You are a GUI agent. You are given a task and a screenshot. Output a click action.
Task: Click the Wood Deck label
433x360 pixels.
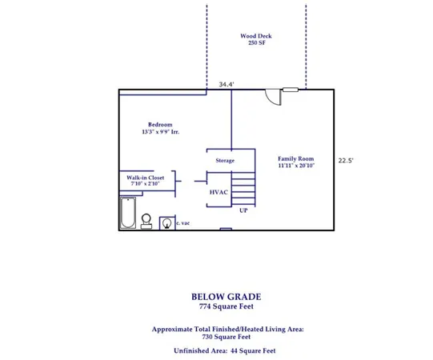[x=255, y=36]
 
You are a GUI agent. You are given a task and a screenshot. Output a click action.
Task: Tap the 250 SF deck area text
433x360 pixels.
[x=255, y=43]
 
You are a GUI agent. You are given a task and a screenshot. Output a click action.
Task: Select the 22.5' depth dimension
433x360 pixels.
[x=345, y=160]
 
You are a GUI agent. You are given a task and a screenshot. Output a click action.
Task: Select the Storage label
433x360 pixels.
[x=225, y=161]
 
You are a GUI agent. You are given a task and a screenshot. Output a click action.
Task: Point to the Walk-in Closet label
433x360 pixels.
[x=145, y=178]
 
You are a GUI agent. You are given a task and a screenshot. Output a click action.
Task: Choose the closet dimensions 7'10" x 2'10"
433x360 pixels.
[x=145, y=185]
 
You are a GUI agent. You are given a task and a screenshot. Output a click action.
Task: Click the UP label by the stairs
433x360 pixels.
[x=243, y=210]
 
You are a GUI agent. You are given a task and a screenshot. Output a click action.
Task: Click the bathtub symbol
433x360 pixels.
[x=128, y=214]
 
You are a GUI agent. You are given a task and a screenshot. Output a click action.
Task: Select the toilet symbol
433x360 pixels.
[x=147, y=220]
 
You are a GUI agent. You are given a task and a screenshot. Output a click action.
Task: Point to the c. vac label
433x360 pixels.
[x=183, y=223]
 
